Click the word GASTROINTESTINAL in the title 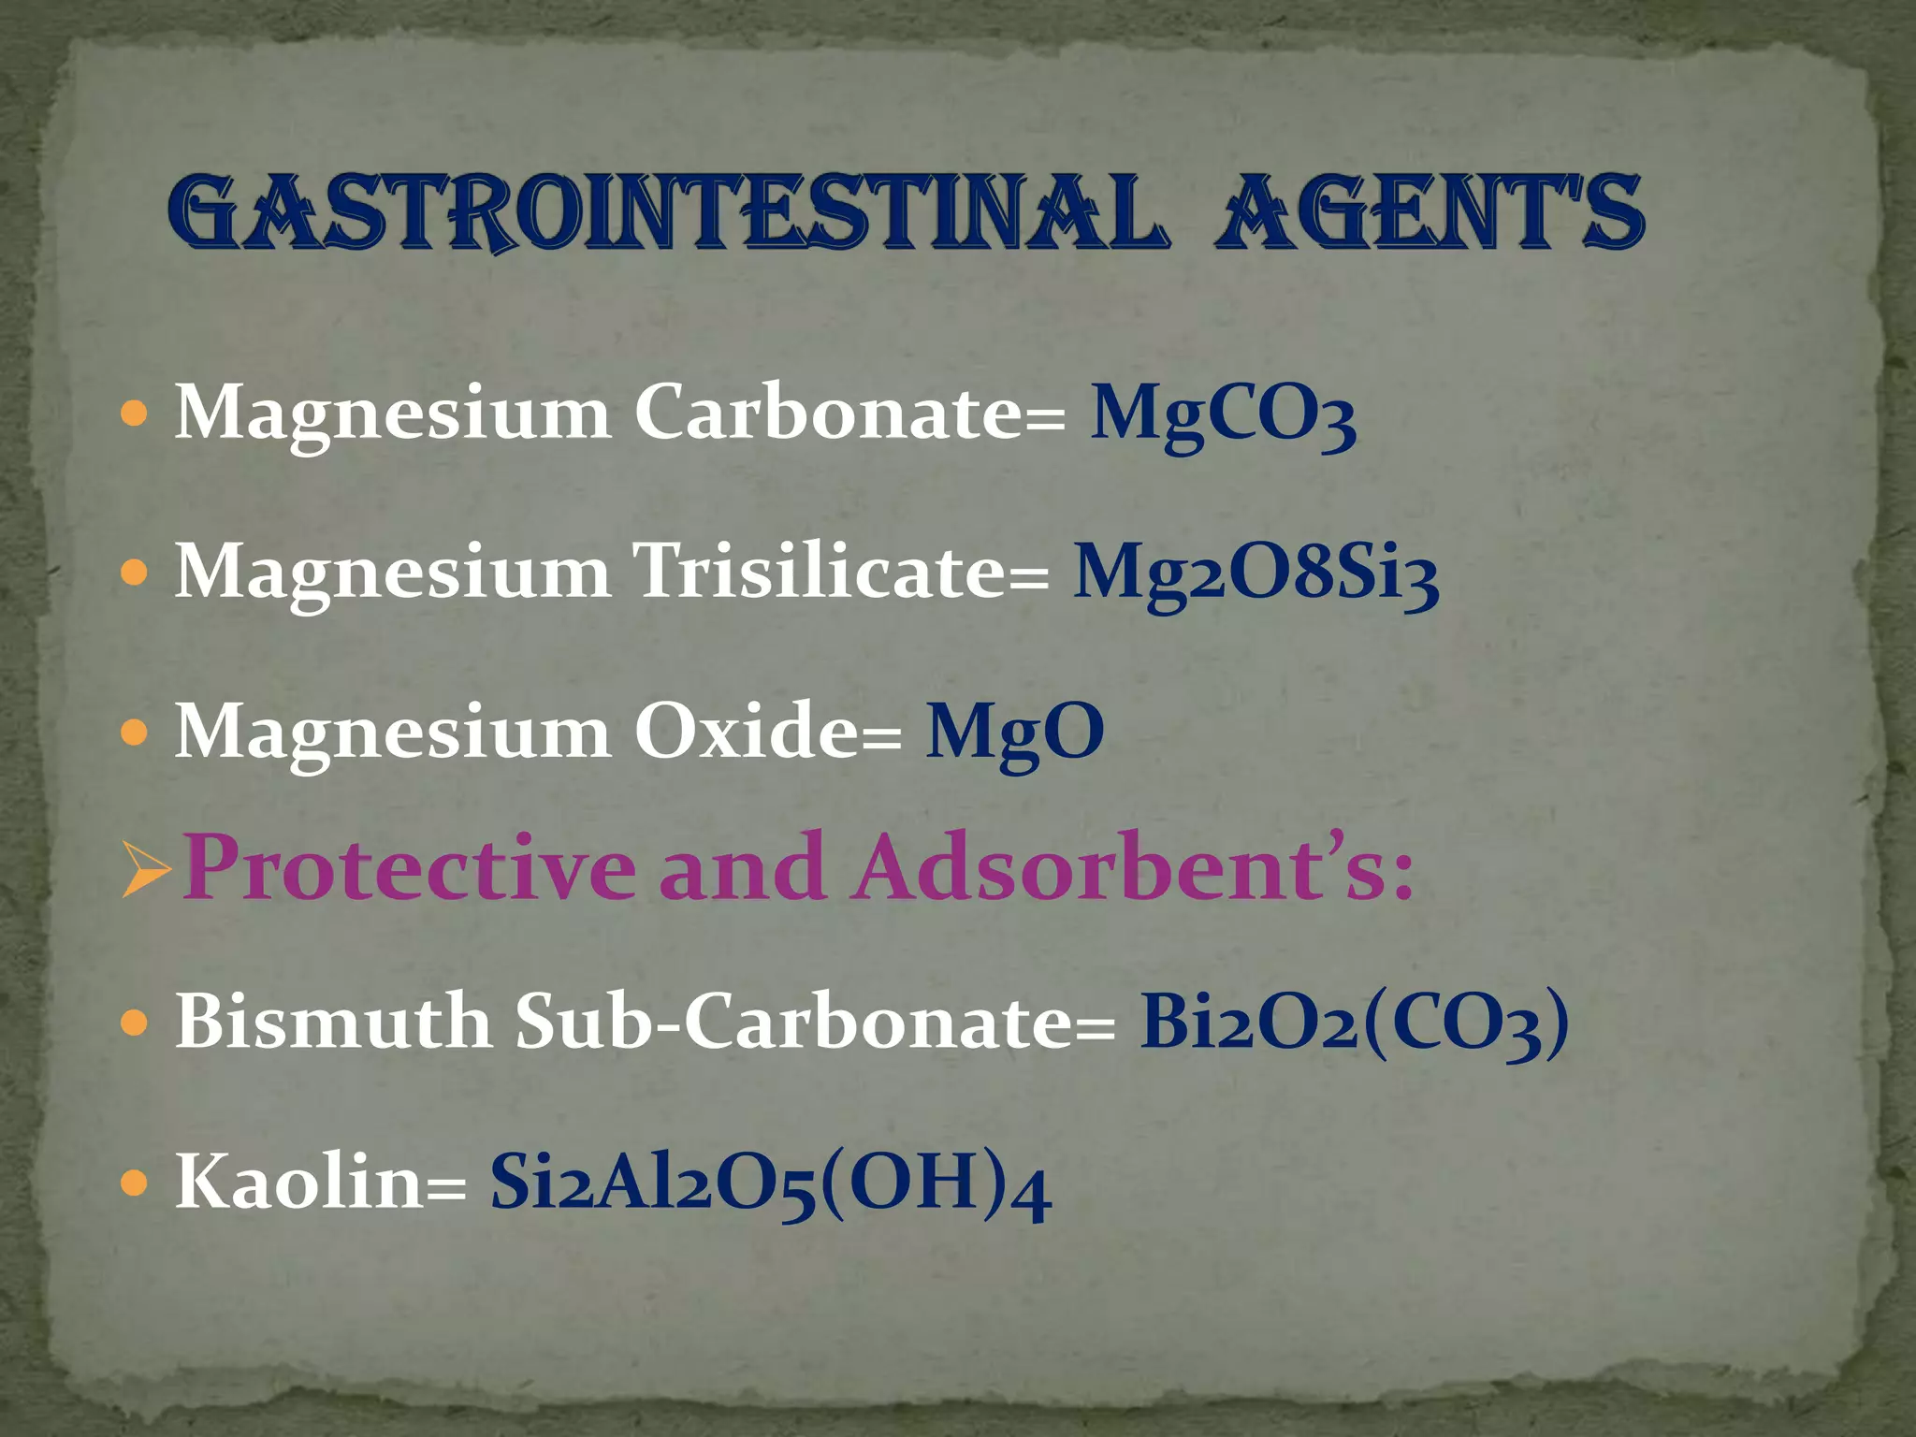(666, 213)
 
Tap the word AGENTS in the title (1428, 213)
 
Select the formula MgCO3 (1223, 414)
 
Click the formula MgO (1015, 733)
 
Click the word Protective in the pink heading (410, 868)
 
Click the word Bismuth (333, 1021)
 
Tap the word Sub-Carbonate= (815, 1021)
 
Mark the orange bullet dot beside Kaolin (136, 1183)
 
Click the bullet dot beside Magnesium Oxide (136, 733)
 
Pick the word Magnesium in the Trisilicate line (393, 573)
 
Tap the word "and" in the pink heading (743, 868)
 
